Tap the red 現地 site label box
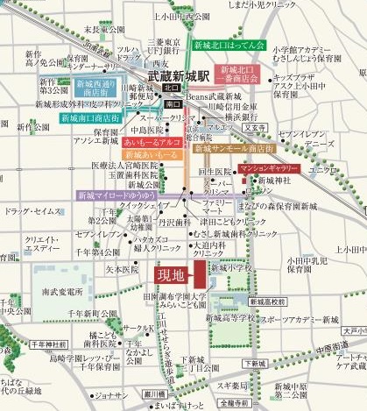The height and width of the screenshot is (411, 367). (173, 275)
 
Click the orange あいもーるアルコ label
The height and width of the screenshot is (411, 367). (152, 139)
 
